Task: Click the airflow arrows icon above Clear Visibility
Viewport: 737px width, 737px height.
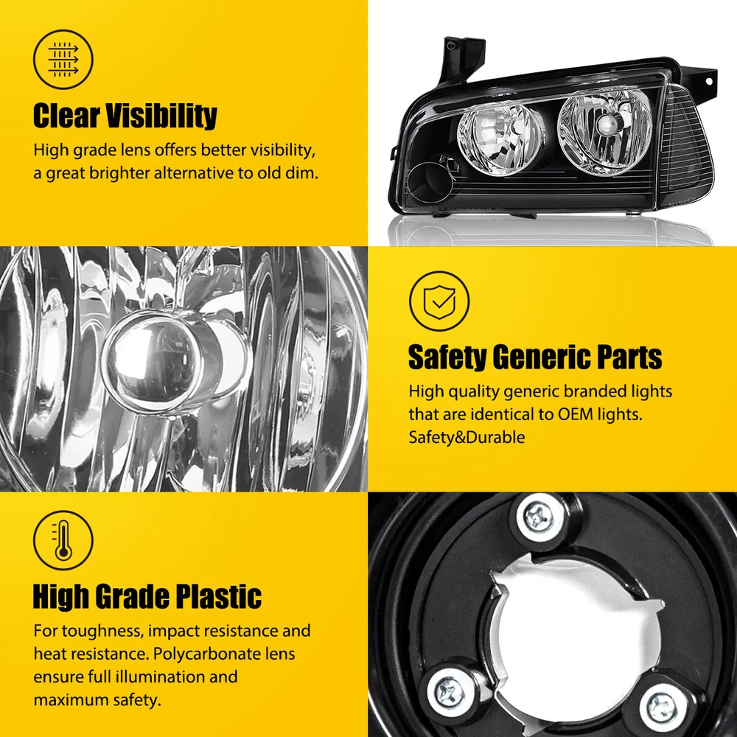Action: point(63,60)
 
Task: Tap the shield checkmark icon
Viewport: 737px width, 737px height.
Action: point(439,301)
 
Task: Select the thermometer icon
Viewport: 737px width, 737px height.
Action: point(63,540)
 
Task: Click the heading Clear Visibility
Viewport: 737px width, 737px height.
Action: point(125,116)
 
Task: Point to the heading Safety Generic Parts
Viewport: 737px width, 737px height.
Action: point(535,357)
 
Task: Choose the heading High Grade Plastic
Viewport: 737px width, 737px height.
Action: point(147,596)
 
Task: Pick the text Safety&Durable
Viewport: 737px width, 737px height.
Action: point(467,437)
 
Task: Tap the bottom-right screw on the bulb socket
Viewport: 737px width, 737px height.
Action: point(663,705)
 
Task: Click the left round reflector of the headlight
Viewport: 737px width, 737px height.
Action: point(500,138)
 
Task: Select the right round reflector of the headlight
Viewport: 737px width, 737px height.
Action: point(605,128)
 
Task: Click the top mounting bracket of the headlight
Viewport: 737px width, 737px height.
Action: point(463,59)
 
